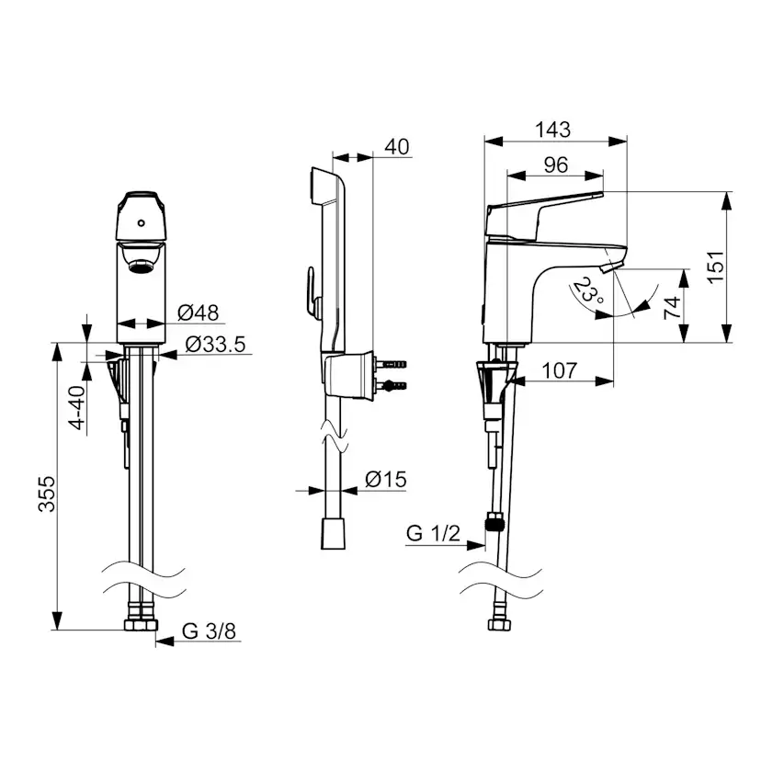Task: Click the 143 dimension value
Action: coord(552,130)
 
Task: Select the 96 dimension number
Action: coord(556,165)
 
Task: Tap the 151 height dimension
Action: coord(715,267)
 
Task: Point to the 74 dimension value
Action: coord(673,307)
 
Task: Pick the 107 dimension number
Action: coord(560,370)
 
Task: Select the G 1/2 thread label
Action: coord(433,533)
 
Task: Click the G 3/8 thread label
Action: coord(209,630)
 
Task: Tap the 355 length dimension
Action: coord(47,494)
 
